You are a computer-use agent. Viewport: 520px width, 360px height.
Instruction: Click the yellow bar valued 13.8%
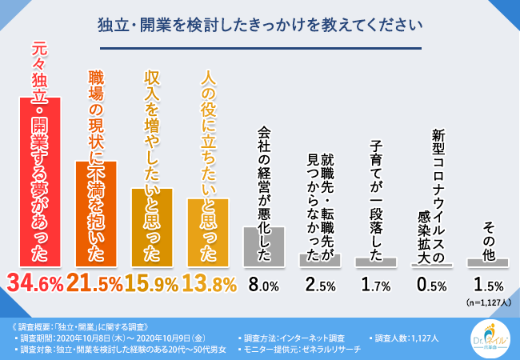(x=208, y=232)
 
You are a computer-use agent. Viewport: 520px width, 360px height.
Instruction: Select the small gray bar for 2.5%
(x=320, y=260)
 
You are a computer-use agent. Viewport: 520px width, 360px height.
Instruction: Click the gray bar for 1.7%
(x=376, y=262)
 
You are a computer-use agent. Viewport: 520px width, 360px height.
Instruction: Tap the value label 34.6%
(x=40, y=283)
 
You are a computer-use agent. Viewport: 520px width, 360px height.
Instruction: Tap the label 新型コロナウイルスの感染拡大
(x=431, y=188)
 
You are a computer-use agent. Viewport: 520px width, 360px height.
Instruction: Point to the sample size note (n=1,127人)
(x=487, y=302)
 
